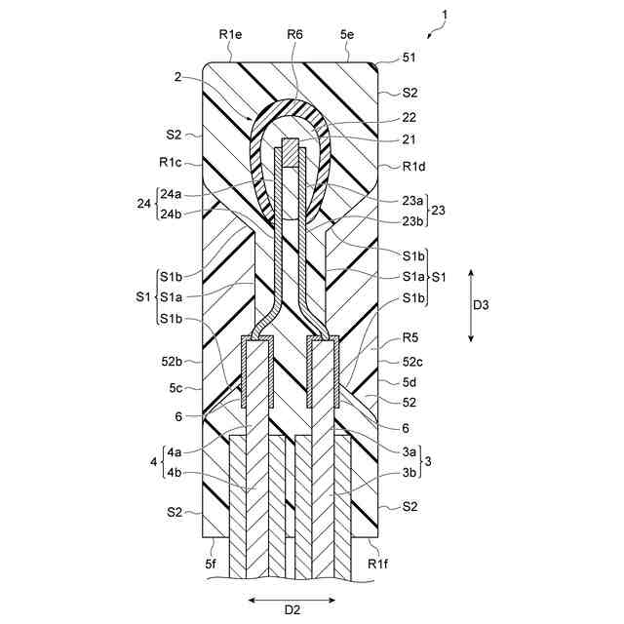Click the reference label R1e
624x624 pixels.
[231, 34]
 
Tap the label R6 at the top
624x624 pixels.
[295, 34]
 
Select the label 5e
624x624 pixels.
[346, 34]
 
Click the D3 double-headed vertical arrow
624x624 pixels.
[471, 304]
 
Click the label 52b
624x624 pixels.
[175, 362]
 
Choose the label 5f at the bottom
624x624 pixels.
[212, 565]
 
